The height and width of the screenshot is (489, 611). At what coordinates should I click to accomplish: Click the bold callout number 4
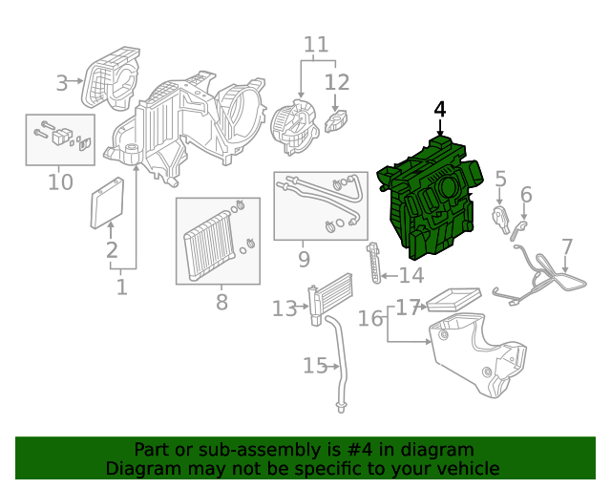tap(439, 110)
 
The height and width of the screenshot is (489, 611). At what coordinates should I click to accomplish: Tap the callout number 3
tap(62, 83)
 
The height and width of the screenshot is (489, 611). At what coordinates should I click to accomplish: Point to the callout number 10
tap(60, 181)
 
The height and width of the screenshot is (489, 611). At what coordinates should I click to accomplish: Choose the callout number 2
tap(112, 251)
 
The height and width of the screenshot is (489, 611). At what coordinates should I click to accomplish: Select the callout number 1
tap(121, 287)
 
